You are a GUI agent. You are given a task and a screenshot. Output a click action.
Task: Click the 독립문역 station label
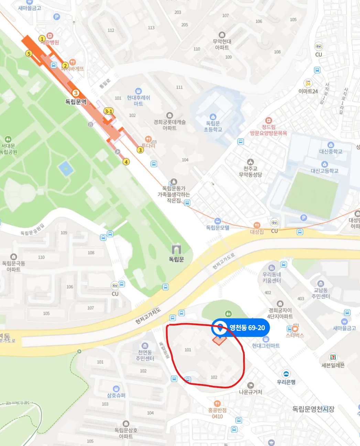click(x=76, y=102)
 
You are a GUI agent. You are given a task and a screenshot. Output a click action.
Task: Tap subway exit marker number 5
click(x=29, y=53)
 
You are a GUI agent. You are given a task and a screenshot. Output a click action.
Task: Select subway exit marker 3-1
click(x=108, y=111)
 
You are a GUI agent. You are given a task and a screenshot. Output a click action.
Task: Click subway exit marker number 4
click(x=126, y=162)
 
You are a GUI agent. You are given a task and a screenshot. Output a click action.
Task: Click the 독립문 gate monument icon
click(x=176, y=249)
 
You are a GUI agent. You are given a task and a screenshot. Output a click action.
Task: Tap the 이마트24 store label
click(x=308, y=91)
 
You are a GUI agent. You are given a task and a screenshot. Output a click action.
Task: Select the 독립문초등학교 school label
click(x=213, y=126)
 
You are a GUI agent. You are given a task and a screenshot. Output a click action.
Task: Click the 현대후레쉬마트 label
click(x=138, y=100)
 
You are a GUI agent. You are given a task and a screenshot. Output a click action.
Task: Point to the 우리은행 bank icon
click(x=286, y=374)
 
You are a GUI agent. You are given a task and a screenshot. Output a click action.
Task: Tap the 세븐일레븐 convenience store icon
click(x=333, y=357)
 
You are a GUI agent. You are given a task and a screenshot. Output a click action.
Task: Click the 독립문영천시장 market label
click(x=313, y=409)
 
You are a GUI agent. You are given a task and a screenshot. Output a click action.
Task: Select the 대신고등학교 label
click(x=325, y=171)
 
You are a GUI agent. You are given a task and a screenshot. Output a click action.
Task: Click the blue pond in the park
click(x=65, y=168)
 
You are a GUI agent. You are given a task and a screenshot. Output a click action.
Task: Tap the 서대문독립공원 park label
click(x=8, y=149)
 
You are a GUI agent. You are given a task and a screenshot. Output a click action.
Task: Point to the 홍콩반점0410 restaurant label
click(x=217, y=413)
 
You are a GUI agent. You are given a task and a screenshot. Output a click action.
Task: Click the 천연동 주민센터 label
click(x=145, y=355)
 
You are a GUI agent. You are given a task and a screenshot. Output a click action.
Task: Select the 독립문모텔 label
click(x=217, y=227)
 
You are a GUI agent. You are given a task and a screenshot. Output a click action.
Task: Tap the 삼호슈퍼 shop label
click(x=116, y=395)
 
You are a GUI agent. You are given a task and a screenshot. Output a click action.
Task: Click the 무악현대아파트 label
click(x=222, y=44)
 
